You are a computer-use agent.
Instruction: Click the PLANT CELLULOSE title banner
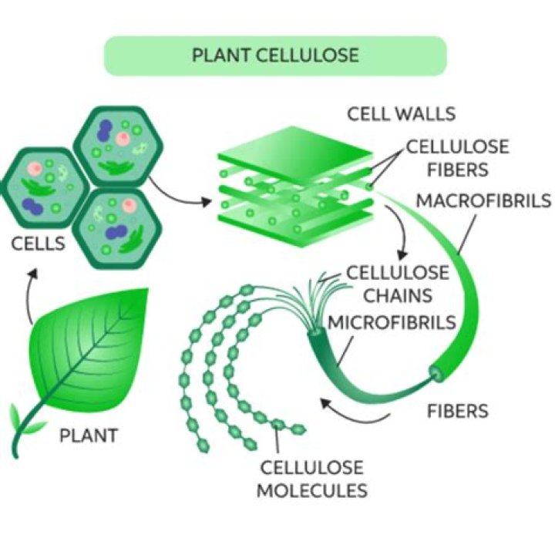click(275, 55)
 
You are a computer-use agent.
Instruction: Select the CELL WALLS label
click(401, 114)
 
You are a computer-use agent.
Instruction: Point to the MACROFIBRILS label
click(483, 201)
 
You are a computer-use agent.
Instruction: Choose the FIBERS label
click(458, 411)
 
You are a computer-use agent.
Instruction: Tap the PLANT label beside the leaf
click(89, 436)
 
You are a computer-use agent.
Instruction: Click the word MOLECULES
click(311, 489)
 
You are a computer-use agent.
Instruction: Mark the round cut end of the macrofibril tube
click(437, 375)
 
